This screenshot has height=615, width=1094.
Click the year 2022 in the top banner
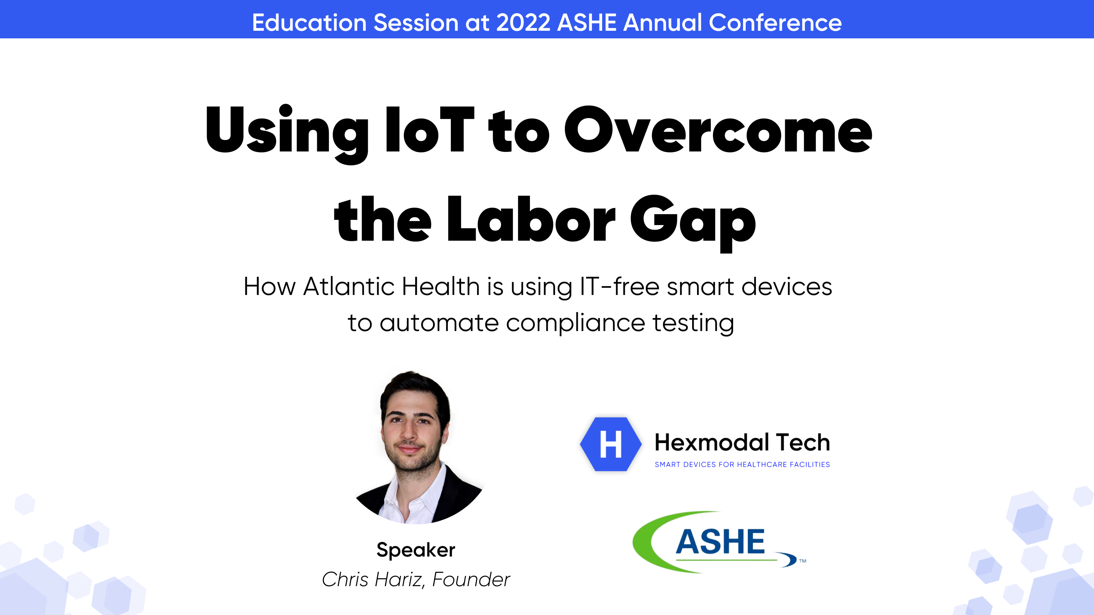[x=523, y=22]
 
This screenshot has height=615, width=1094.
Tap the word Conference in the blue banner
[x=775, y=22]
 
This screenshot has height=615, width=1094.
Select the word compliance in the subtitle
[x=575, y=323]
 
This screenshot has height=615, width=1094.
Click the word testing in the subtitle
[x=693, y=323]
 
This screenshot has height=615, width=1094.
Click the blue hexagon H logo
[x=611, y=444]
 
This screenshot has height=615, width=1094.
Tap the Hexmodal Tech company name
[x=742, y=442]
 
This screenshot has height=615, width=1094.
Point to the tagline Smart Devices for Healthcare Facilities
[x=742, y=464]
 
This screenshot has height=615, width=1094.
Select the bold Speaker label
[x=416, y=550]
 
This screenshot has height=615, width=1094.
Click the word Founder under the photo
[x=471, y=580]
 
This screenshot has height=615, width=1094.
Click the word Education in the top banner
[x=309, y=22]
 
